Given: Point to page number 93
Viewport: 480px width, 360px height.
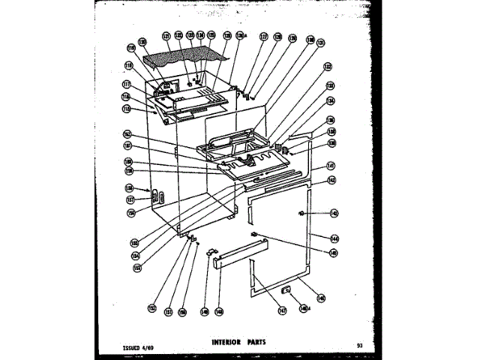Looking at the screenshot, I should pos(361,346).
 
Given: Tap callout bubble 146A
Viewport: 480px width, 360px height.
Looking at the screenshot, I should pos(304,308).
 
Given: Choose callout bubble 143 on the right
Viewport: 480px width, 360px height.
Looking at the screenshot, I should pos(333,213).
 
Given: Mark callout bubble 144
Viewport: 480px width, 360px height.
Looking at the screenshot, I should pos(333,238).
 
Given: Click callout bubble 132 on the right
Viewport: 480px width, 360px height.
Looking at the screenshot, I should pos(328,67).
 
